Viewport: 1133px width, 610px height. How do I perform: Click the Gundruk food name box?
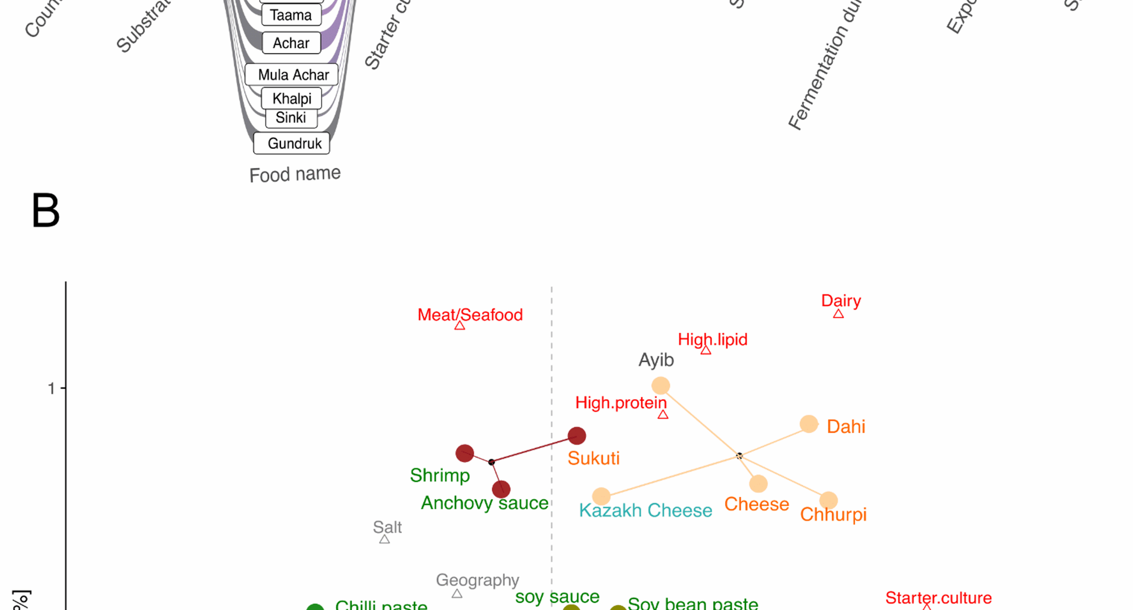tap(292, 144)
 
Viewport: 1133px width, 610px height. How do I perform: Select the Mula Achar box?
tap(292, 75)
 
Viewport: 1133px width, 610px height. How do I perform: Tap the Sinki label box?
tap(291, 118)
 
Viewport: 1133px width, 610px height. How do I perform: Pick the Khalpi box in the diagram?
tap(292, 98)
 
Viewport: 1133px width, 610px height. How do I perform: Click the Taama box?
tap(291, 15)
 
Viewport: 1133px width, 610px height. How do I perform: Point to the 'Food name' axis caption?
tap(295, 175)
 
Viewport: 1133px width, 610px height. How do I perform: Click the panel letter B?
tap(46, 211)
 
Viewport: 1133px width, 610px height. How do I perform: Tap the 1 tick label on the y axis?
tap(51, 389)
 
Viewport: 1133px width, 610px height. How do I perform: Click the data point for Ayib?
tap(660, 385)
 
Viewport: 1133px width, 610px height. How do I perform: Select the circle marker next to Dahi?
tap(809, 424)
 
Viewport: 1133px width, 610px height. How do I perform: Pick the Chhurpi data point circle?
tap(828, 500)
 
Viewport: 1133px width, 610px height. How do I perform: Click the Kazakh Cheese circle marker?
tap(601, 496)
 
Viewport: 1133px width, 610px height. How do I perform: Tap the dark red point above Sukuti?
tap(576, 435)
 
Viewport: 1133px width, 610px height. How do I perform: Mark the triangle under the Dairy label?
tap(838, 314)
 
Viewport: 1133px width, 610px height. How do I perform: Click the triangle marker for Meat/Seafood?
tap(460, 326)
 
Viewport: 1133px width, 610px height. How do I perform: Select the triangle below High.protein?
tap(663, 415)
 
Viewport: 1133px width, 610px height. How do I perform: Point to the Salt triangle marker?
tap(385, 539)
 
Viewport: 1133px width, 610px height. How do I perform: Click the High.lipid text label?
tap(713, 340)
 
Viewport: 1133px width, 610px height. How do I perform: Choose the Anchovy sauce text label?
tap(484, 503)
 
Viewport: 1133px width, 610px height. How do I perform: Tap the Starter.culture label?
tap(938, 597)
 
